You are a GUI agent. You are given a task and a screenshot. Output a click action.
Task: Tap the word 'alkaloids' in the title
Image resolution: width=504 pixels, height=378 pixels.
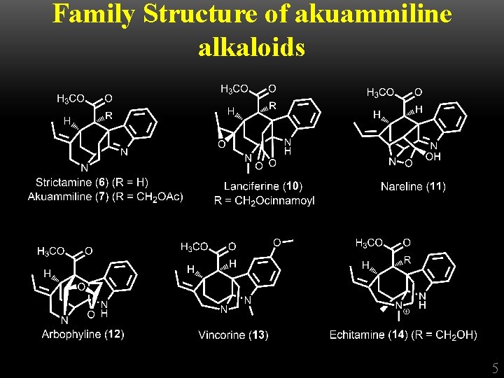(252, 47)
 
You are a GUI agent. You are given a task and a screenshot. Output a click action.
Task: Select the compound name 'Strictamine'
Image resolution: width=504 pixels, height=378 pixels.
(65, 183)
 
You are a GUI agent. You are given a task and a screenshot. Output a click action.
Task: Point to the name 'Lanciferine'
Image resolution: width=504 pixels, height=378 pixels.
(252, 186)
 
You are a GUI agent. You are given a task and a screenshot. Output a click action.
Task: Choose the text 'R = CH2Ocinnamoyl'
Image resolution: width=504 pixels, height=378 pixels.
(264, 200)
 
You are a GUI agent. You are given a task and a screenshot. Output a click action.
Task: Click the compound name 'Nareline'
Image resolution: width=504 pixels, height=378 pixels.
(402, 186)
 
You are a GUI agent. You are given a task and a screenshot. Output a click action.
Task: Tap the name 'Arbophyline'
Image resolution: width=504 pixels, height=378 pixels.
(71, 335)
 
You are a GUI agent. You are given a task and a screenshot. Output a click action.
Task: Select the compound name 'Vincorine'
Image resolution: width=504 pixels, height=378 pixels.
(223, 335)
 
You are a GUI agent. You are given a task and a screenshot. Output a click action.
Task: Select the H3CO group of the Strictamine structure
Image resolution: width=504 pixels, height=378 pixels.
(71, 99)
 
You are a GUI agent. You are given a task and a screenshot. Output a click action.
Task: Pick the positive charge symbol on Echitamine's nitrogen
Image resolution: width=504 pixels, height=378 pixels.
(407, 311)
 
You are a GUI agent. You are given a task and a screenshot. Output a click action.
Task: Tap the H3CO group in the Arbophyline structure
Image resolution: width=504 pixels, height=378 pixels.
(51, 251)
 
